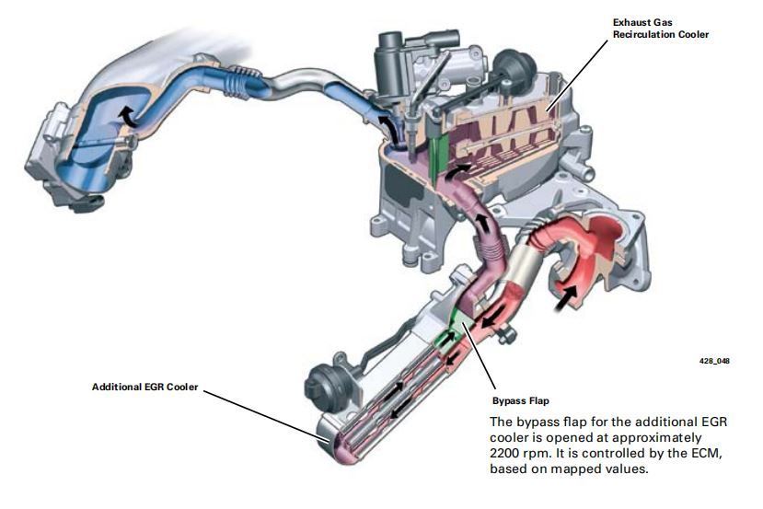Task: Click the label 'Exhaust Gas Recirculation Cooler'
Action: [x=661, y=28]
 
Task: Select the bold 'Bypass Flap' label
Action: [x=521, y=402]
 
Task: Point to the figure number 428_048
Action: [x=714, y=361]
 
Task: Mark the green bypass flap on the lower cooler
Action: [x=454, y=318]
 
